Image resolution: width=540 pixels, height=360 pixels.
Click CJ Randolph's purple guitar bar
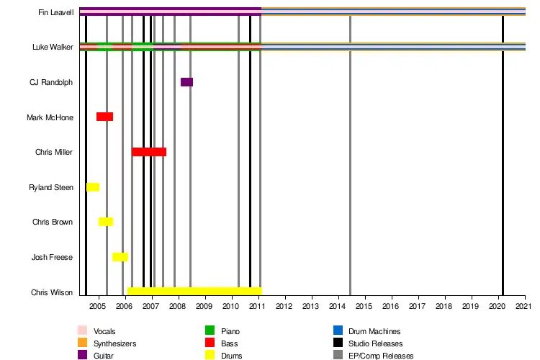(x=186, y=82)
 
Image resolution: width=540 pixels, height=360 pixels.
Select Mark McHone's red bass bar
(x=104, y=117)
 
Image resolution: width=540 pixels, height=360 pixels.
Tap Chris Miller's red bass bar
(x=148, y=152)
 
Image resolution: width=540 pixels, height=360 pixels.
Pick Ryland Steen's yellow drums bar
(x=93, y=187)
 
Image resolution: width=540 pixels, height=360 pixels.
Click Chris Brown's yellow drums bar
(x=105, y=222)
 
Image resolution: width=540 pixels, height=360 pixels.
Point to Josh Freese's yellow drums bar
(x=120, y=257)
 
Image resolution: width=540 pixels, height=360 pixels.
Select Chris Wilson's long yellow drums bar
(x=194, y=292)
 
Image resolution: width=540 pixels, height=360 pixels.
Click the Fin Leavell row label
(x=56, y=12)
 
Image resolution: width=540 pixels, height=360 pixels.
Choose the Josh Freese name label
(x=52, y=257)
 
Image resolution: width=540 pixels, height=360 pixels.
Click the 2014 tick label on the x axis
(x=338, y=307)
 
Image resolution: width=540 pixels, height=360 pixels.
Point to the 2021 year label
(x=524, y=307)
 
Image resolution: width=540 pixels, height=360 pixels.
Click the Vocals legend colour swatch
(x=82, y=330)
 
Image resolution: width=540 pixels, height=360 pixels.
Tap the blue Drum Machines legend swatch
(x=338, y=330)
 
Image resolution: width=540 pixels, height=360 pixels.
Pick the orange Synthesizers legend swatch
(x=82, y=343)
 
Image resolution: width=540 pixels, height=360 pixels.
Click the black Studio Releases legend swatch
(x=338, y=343)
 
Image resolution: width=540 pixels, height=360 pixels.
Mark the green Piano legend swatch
(x=210, y=330)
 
